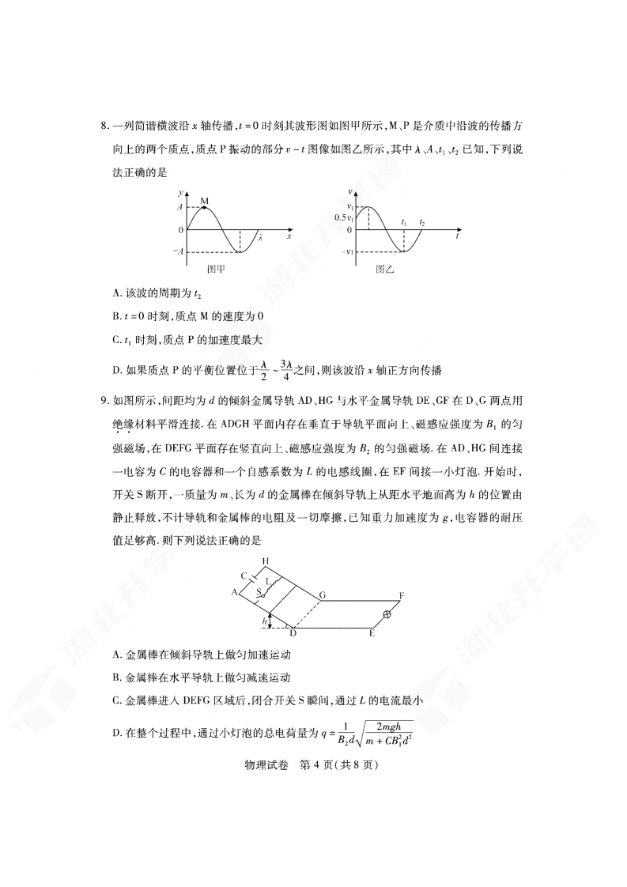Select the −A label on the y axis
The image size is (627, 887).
(179, 252)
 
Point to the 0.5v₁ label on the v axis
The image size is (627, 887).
(342, 217)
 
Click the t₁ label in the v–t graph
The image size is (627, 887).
(404, 223)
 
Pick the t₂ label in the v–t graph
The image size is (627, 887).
(422, 223)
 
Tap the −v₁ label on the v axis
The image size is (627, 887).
(344, 252)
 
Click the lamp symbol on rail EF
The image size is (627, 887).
(387, 614)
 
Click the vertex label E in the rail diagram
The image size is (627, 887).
(372, 634)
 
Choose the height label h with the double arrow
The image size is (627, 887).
(264, 621)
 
